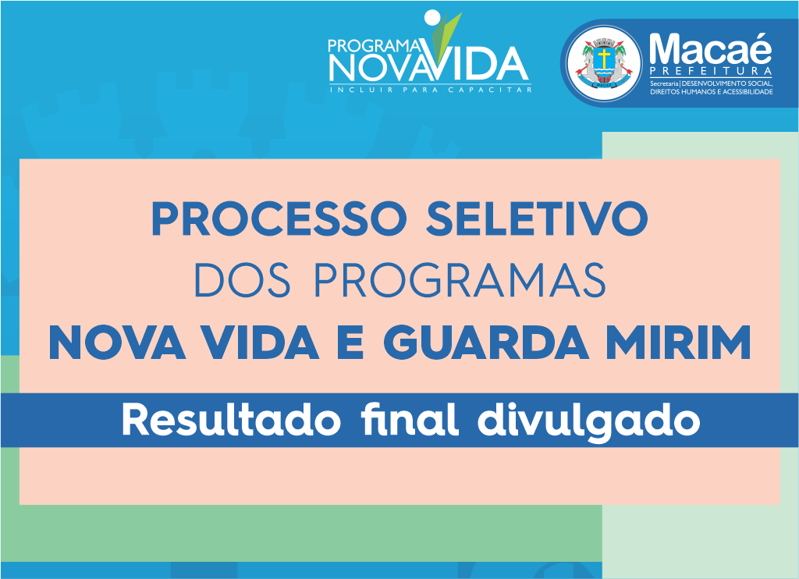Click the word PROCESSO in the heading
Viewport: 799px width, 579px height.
click(x=279, y=218)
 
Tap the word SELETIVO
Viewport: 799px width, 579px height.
click(x=537, y=218)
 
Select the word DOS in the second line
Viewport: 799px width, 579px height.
click(x=242, y=280)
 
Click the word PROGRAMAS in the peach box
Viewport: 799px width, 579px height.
click(x=460, y=280)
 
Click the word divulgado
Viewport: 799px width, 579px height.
click(x=588, y=422)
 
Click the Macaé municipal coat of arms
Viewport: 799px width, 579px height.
click(x=605, y=63)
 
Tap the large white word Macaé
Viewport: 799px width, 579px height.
click(x=711, y=48)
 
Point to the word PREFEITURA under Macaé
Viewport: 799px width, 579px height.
click(x=711, y=71)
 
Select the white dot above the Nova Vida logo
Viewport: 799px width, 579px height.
click(x=431, y=17)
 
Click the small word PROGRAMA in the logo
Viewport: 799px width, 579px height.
click(x=375, y=46)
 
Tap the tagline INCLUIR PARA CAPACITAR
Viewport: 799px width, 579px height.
click(x=431, y=90)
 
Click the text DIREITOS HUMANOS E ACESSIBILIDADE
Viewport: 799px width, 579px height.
click(x=712, y=92)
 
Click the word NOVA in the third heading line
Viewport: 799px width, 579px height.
click(x=117, y=343)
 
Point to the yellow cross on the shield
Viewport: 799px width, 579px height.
click(x=605, y=58)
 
